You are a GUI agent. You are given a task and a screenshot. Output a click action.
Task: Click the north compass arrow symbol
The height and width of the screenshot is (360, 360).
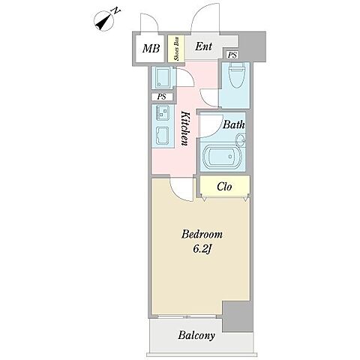(104, 21)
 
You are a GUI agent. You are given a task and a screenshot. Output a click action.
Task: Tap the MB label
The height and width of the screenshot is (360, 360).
(151, 49)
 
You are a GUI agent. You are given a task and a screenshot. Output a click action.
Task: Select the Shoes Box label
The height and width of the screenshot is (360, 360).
(176, 49)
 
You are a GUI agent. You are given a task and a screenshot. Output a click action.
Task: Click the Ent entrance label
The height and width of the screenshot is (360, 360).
(203, 46)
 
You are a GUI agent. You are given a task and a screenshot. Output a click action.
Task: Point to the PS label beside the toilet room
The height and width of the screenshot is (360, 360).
(232, 55)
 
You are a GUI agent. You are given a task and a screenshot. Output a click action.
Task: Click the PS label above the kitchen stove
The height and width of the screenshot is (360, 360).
(162, 97)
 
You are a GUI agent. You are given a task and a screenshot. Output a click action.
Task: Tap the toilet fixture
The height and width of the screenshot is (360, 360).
(237, 75)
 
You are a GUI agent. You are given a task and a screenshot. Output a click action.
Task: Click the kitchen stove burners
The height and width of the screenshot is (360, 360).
(163, 112)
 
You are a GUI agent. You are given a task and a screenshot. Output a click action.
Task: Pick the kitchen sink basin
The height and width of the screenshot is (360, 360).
(163, 136)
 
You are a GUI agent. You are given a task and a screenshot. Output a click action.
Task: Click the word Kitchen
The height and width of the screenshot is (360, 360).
(185, 128)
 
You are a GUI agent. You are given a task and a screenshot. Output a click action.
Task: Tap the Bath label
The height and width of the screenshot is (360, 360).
(233, 124)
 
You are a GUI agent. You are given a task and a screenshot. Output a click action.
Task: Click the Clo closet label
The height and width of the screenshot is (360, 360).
(224, 187)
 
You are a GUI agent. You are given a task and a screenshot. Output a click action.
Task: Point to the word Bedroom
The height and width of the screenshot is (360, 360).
(202, 235)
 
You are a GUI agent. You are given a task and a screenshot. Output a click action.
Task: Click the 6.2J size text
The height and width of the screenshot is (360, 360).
(201, 249)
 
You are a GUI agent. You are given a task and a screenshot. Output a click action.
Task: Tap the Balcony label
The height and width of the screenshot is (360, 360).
(196, 335)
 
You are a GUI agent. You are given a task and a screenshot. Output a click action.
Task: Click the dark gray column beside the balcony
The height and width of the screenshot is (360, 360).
(238, 316)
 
